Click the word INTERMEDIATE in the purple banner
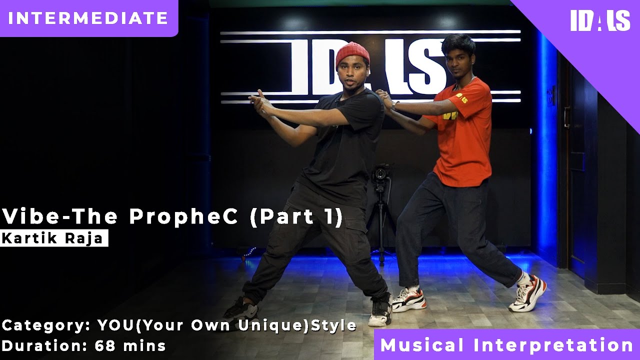[88, 18]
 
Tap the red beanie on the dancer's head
[352, 53]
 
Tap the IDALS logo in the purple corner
[600, 21]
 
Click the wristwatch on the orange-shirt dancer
[395, 105]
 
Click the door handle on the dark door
[566, 117]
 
